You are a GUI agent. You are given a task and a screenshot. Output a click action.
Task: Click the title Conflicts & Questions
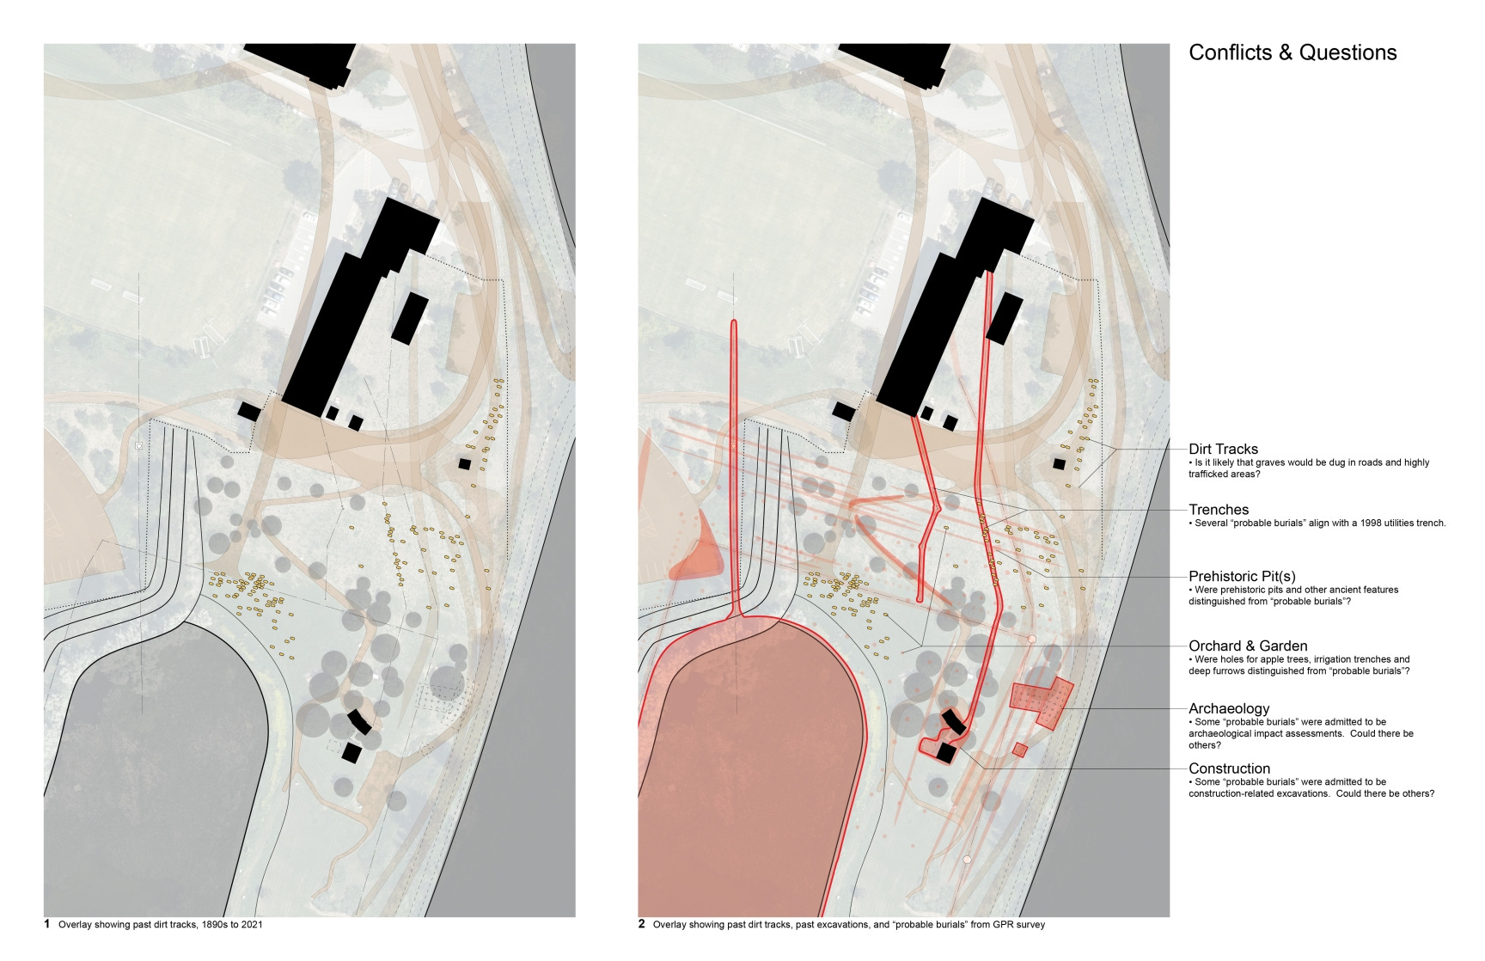[x=1292, y=52]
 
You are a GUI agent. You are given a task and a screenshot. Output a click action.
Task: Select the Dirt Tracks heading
[x=1223, y=449]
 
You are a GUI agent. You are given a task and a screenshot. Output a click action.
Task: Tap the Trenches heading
[x=1219, y=510]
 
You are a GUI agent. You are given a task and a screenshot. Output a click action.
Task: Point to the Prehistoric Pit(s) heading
[x=1242, y=576]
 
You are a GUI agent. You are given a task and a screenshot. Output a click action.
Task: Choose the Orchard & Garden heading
[x=1248, y=646]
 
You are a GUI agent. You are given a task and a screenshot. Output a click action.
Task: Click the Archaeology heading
[x=1229, y=708]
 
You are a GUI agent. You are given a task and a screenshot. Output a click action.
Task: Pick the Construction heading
[x=1229, y=768]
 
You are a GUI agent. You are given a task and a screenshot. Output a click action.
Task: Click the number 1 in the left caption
[x=47, y=925]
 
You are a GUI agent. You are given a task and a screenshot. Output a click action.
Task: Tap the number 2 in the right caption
[x=642, y=925]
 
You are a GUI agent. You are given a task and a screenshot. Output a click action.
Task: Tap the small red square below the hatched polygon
[x=1020, y=750]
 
